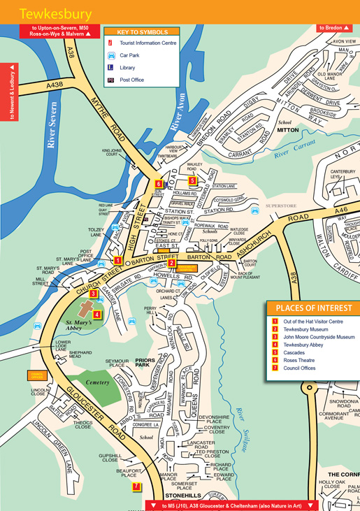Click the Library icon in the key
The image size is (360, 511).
tap(110, 68)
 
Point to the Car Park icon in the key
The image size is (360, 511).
tap(110, 55)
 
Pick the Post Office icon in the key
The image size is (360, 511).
tap(110, 80)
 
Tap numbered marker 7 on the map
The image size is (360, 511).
tap(136, 487)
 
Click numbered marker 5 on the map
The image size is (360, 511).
tap(192, 180)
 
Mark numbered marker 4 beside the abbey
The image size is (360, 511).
tap(97, 314)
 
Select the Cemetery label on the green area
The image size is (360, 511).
tap(98, 382)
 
